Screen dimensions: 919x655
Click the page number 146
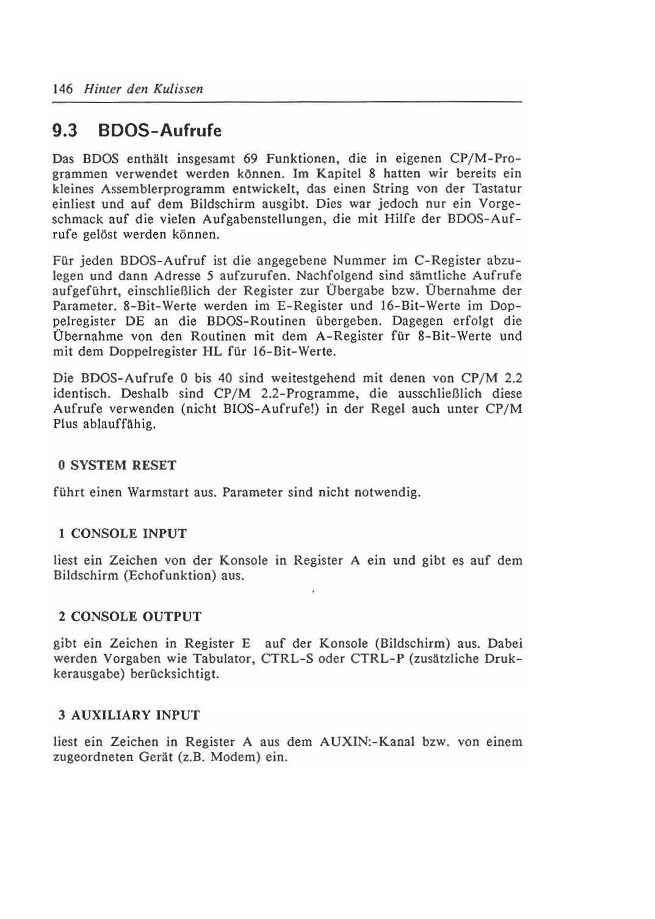coord(63,89)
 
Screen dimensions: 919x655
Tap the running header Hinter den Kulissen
coord(143,89)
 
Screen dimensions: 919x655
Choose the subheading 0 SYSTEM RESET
coord(117,465)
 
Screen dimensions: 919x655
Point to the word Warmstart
coord(158,492)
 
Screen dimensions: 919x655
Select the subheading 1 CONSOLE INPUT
coord(123,534)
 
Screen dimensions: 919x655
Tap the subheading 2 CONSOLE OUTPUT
coord(130,617)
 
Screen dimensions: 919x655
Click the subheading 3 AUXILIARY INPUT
coord(129,715)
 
